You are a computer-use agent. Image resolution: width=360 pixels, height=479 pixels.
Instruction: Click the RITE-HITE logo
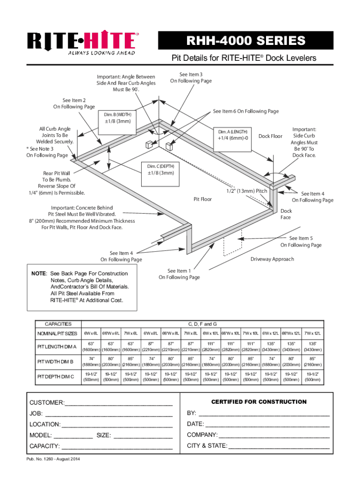tap(82, 44)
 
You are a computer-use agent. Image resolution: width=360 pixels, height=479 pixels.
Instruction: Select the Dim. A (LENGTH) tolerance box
tap(232, 135)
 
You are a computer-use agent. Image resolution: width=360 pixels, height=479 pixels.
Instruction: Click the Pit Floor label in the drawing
tap(202, 199)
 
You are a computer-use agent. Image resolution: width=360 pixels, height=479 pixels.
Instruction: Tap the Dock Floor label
tap(271, 136)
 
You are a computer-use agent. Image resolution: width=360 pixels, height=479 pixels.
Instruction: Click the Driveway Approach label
tap(272, 259)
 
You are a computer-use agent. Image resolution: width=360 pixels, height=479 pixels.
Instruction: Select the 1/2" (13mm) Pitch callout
tap(247, 191)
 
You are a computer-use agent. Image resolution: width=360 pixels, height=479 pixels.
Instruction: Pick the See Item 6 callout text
tap(246, 111)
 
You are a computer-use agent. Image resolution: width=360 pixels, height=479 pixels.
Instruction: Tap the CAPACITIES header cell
tap(58, 324)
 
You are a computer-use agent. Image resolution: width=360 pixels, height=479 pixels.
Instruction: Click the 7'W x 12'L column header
tap(312, 333)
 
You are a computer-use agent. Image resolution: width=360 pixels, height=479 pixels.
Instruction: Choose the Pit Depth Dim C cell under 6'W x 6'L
tap(91, 377)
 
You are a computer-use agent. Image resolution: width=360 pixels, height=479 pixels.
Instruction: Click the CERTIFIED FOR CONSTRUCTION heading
tap(259, 402)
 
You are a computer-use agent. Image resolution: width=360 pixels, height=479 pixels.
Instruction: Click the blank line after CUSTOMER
tap(119, 403)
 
